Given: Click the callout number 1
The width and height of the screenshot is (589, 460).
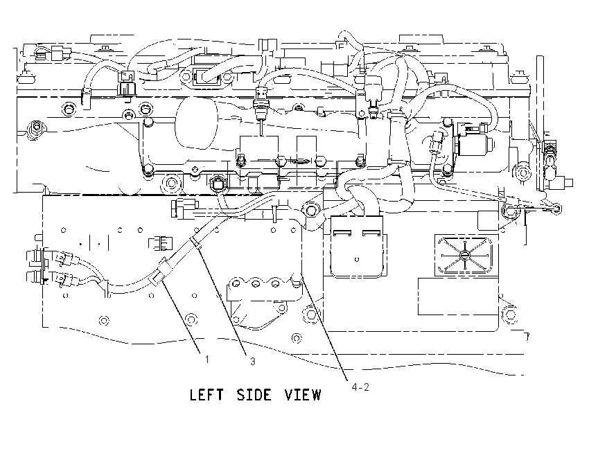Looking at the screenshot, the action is [206, 360].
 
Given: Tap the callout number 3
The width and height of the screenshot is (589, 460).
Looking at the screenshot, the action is [253, 361].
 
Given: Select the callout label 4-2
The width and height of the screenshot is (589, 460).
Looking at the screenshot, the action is [360, 387].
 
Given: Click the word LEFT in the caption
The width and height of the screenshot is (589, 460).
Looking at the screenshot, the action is [206, 395].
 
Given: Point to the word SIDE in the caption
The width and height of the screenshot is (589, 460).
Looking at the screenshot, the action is [254, 395].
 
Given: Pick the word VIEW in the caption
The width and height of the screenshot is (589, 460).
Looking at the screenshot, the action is [303, 395].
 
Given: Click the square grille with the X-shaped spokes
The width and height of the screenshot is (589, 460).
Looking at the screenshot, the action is [464, 256].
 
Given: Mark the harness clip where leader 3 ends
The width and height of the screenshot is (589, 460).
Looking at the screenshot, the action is [196, 242].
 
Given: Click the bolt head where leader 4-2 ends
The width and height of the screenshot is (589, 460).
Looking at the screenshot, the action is [297, 280].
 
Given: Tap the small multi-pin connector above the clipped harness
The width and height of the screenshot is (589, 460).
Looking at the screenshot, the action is [161, 243].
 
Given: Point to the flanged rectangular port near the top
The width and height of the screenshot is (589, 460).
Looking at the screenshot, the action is [206, 77].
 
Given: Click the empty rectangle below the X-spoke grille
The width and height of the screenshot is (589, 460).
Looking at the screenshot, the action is [458, 297].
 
